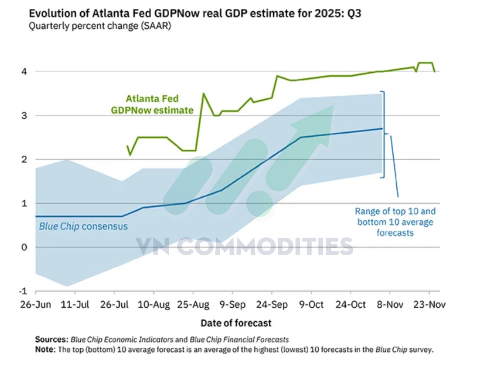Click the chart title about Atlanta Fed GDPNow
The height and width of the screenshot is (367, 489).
195,13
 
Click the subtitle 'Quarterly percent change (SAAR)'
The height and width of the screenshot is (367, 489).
100,26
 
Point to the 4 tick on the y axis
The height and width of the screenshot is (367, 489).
24,72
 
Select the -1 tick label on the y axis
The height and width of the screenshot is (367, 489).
23,291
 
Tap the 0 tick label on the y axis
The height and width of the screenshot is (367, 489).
24,247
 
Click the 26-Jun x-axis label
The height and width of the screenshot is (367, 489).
35,305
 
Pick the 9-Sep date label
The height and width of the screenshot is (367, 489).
232,305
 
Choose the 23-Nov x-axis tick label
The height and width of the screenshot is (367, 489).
429,305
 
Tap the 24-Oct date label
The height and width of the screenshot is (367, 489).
351,305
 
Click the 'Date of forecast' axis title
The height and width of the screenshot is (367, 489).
236,323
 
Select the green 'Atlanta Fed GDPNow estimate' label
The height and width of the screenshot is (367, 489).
152,104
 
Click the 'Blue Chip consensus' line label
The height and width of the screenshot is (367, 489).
83,226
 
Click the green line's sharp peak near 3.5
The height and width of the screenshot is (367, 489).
204,94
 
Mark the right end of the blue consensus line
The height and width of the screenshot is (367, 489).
382,128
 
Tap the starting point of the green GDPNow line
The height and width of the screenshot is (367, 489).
127,146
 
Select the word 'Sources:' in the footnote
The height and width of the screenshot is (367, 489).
51,339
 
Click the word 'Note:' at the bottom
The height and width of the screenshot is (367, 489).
45,349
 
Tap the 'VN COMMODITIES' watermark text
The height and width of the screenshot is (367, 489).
244,247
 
